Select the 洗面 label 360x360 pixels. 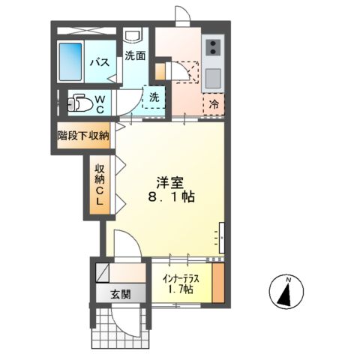135,55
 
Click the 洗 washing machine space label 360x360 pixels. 153,96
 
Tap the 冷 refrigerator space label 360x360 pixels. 213,103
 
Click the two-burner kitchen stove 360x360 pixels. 212,48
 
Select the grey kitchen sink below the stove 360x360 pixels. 212,77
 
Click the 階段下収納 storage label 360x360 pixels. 83,136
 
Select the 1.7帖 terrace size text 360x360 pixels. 180,289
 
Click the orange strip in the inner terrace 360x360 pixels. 217,281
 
